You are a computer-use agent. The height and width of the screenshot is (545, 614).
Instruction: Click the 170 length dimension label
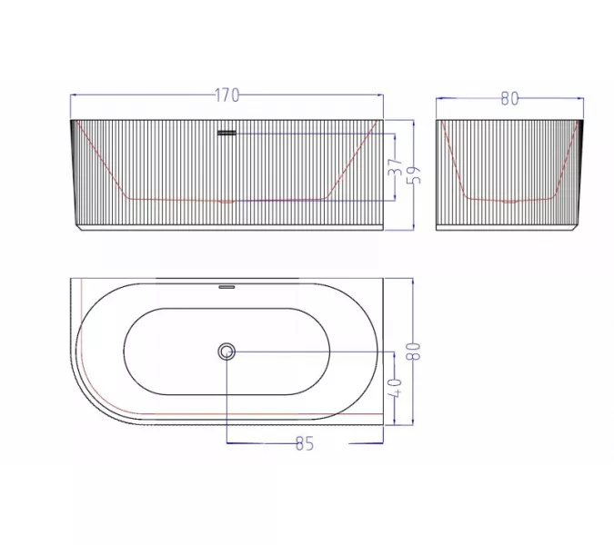227,94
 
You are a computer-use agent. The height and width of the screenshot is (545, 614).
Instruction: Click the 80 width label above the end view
509,98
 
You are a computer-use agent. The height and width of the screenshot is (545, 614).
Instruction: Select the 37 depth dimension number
395,169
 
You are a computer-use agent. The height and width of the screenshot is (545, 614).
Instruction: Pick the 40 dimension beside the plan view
396,388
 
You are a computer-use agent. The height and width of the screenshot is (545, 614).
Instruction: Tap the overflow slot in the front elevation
226,134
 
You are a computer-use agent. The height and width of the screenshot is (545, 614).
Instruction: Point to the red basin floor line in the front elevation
227,199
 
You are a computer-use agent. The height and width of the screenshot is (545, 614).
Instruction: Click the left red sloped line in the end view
454,162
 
